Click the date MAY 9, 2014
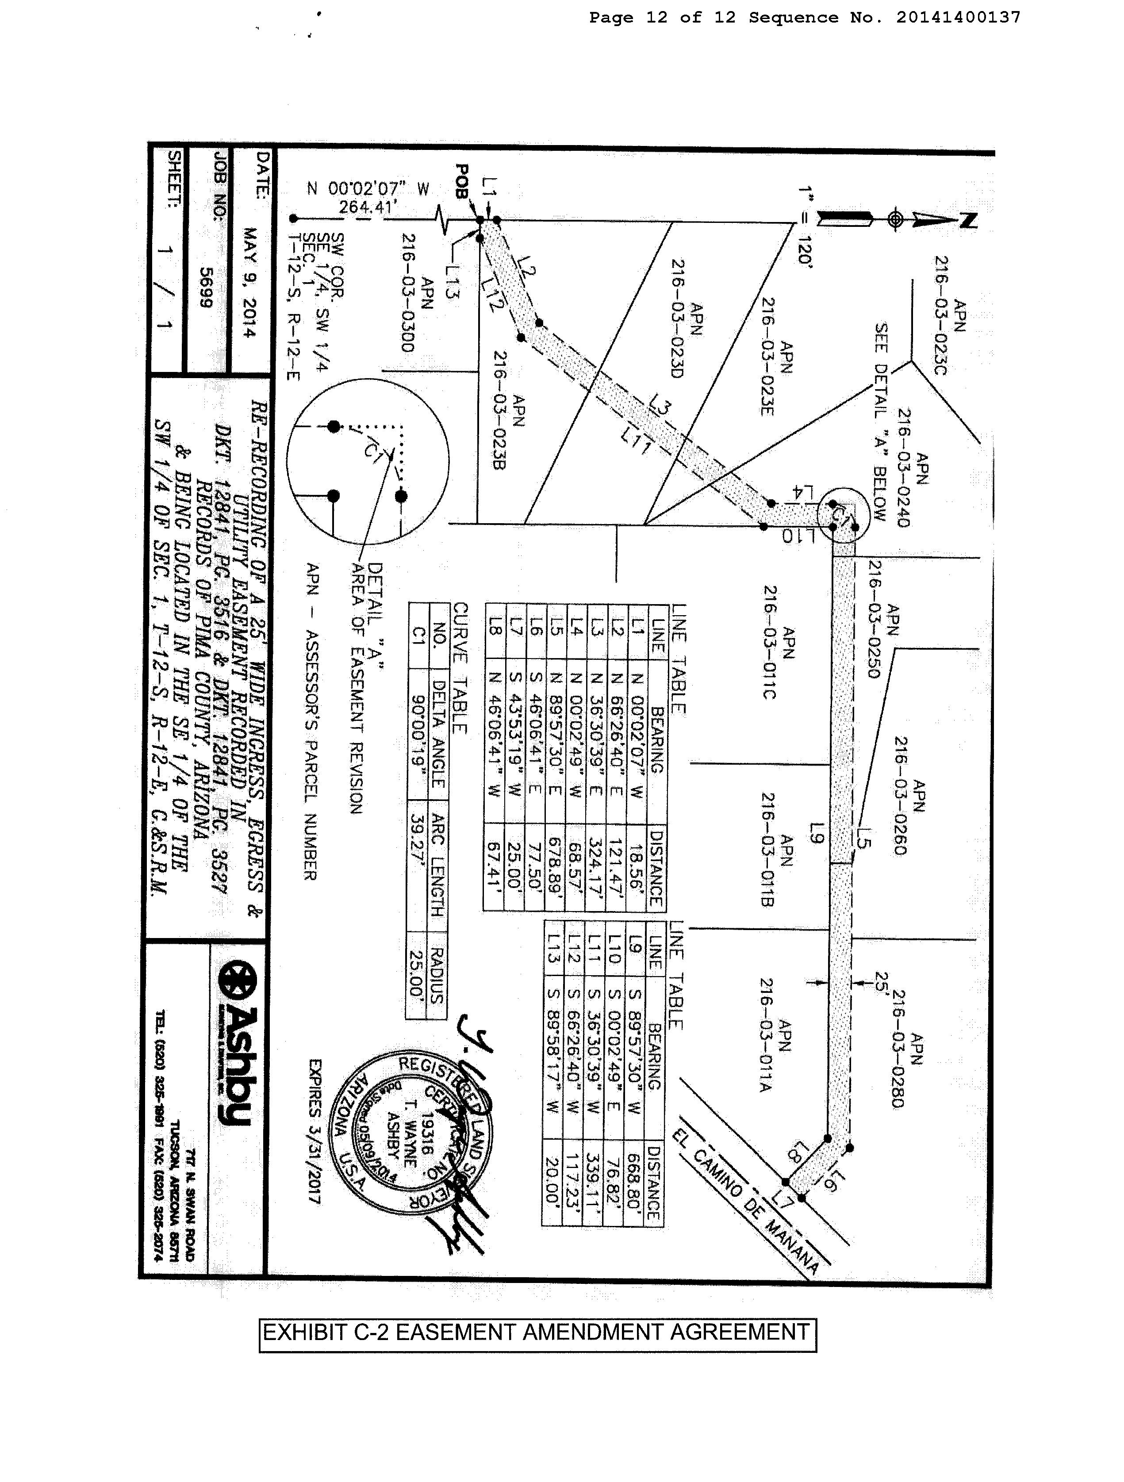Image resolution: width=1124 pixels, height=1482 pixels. (249, 283)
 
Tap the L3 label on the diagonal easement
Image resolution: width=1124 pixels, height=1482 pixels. (660, 406)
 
